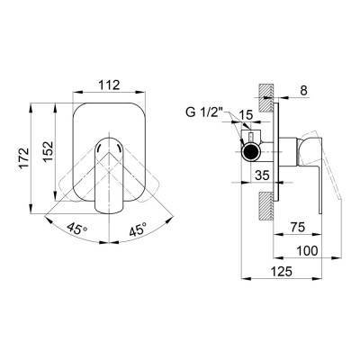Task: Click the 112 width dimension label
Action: pyautogui.click(x=109, y=85)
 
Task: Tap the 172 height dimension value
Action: pyautogui.click(x=24, y=158)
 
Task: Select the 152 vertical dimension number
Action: pyautogui.click(x=49, y=151)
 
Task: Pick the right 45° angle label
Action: pyautogui.click(x=139, y=229)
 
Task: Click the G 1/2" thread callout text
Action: pyautogui.click(x=204, y=112)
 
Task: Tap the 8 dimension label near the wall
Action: pyautogui.click(x=304, y=90)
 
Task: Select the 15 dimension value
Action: pyautogui.click(x=246, y=115)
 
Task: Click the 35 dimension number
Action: pyautogui.click(x=262, y=175)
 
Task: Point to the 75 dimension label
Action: pyautogui.click(x=298, y=227)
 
